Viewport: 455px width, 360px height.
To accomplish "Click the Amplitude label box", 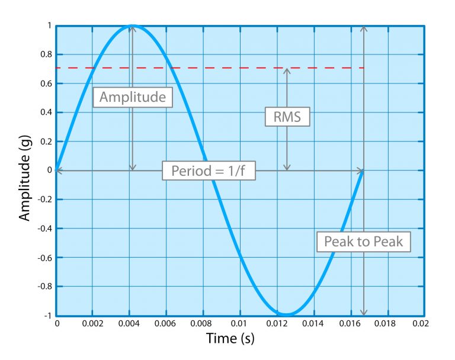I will point(133,97).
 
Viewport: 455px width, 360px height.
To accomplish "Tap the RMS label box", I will point(287,117).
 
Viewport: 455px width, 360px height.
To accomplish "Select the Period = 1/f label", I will point(209,171).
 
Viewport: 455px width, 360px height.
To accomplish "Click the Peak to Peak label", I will point(363,241).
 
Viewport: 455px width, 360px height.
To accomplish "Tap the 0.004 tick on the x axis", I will point(129,324).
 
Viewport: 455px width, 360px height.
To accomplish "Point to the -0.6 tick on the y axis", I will point(44,258).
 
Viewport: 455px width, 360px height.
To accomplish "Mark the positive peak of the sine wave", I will point(133,26).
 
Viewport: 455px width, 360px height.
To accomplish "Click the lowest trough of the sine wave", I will point(286,314).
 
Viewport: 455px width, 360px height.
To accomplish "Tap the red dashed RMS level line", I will point(237,68).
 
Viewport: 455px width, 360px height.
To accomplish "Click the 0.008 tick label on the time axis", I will point(203,324).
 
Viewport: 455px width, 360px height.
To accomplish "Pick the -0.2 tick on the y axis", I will point(44,200).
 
